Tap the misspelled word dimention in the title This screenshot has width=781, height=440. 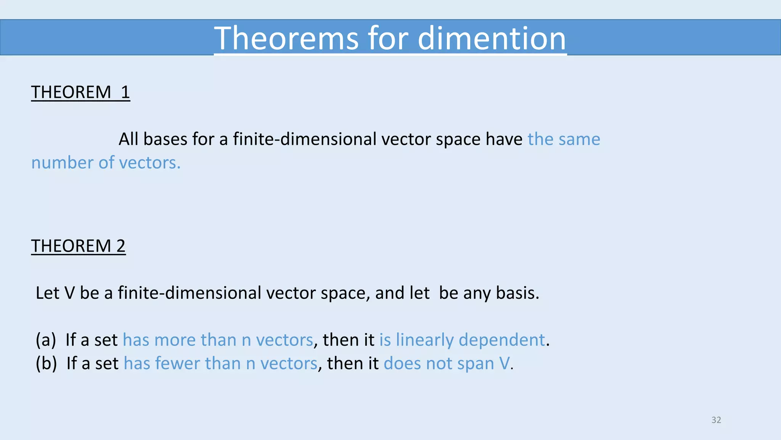click(x=492, y=39)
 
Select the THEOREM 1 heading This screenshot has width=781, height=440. click(x=80, y=92)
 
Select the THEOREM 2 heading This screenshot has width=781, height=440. click(x=78, y=246)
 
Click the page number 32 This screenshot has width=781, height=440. click(x=716, y=420)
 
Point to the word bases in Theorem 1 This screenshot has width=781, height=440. click(x=165, y=139)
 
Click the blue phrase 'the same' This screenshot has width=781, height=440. click(x=564, y=139)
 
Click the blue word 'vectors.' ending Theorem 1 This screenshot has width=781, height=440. click(x=150, y=163)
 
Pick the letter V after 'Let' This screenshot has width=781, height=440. click(x=69, y=293)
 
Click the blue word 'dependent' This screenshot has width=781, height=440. click(x=501, y=340)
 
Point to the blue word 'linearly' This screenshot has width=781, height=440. click(x=424, y=340)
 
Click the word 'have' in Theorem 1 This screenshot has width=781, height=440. click(x=503, y=139)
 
